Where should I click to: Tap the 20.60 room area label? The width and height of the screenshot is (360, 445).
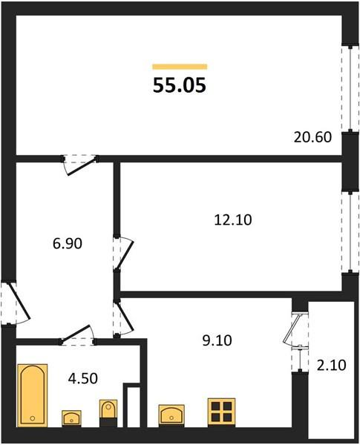coord(312,137)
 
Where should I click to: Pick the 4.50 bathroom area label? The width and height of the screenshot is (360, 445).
coord(82,378)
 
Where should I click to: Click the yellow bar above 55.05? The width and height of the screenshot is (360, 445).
coord(179,67)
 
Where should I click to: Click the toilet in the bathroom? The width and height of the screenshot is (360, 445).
coord(108,413)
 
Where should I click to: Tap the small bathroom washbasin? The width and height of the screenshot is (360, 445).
coord(71,418)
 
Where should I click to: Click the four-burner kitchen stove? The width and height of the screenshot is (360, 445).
coord(221,412)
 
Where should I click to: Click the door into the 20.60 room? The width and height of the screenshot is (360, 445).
coord(79,162)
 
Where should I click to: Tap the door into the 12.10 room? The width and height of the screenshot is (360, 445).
coord(120,253)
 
